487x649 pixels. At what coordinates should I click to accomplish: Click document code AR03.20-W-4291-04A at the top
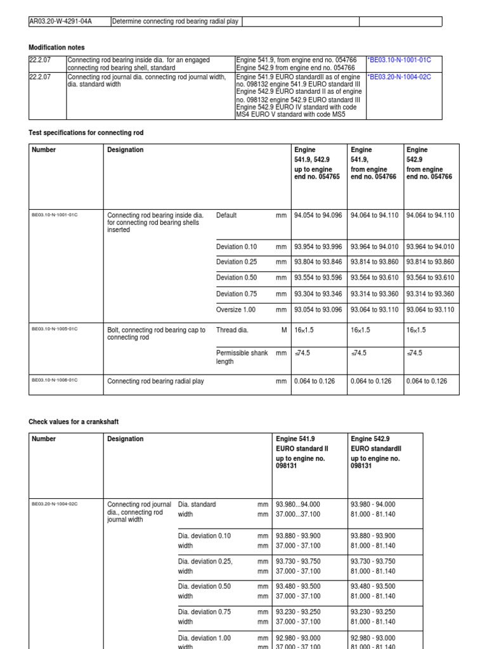60,22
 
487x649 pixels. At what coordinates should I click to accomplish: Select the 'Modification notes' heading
56,48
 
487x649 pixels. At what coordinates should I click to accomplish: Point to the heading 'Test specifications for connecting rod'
86,132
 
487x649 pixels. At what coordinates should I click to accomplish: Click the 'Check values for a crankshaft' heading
74,421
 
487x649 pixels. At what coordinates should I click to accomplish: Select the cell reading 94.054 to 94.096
318,215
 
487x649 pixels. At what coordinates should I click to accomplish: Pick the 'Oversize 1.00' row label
236,310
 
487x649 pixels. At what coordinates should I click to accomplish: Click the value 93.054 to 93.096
318,310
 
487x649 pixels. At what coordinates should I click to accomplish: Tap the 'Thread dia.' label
232,330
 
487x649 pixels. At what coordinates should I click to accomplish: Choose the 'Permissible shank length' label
242,357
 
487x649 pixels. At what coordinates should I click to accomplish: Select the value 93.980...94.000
302,504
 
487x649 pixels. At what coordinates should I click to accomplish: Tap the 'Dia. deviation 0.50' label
204,586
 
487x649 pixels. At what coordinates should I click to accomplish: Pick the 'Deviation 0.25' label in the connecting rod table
237,262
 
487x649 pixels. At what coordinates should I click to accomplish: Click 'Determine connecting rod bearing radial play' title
175,22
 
